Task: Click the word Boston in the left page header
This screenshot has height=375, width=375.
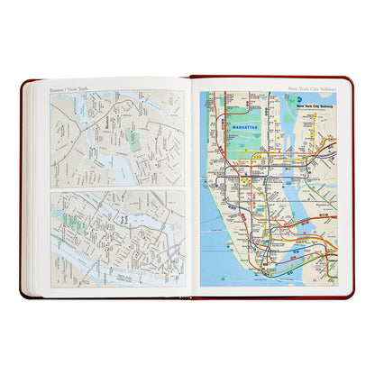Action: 58,88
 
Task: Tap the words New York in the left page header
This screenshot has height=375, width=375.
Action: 77,88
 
